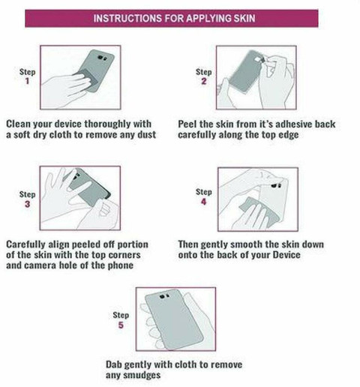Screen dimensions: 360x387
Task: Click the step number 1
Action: click(x=27, y=81)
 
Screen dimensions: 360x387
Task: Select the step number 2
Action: click(x=204, y=81)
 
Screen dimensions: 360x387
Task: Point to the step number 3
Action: click(x=27, y=204)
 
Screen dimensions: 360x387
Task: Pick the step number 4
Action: click(x=204, y=202)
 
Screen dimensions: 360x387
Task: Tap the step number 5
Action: click(x=121, y=325)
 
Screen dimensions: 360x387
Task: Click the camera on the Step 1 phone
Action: click(x=102, y=58)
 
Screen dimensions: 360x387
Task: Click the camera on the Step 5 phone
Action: click(x=164, y=296)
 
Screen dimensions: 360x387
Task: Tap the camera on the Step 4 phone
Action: click(x=276, y=186)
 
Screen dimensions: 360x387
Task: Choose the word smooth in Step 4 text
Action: click(x=247, y=244)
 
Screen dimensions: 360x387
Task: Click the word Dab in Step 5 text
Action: click(x=114, y=364)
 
